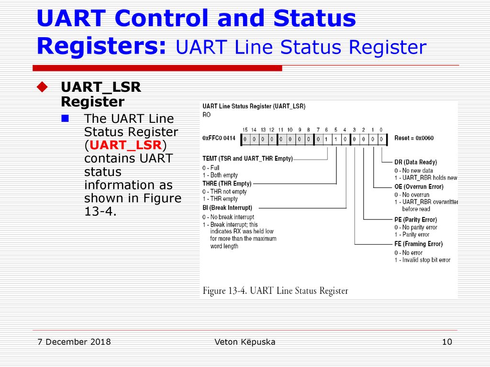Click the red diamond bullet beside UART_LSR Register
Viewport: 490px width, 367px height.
pyautogui.click(x=42, y=87)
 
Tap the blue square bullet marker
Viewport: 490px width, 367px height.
pyautogui.click(x=65, y=119)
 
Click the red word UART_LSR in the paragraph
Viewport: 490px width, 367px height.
pyautogui.click(x=126, y=145)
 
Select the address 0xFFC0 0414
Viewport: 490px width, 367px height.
pyautogui.click(x=219, y=138)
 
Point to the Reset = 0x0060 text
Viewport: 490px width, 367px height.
pyautogui.click(x=414, y=138)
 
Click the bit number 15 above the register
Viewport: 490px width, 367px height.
pyautogui.click(x=245, y=130)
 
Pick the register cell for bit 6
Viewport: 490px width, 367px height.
pyautogui.click(x=326, y=140)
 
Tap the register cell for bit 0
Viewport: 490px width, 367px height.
pyautogui.click(x=381, y=140)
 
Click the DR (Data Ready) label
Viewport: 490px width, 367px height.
pyautogui.click(x=416, y=162)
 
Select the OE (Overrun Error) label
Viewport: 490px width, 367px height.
pyautogui.click(x=419, y=187)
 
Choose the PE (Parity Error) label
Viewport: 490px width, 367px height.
pyautogui.click(x=416, y=219)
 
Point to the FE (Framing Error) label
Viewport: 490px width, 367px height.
pyautogui.click(x=418, y=244)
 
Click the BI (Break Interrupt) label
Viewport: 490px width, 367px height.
pyautogui.click(x=227, y=208)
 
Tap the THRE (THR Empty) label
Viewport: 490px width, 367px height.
pyautogui.click(x=227, y=183)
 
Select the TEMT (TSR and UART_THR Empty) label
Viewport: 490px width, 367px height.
pyautogui.click(x=247, y=159)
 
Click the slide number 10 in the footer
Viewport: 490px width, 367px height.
pyautogui.click(x=447, y=342)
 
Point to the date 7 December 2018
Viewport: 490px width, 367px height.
pyautogui.click(x=74, y=342)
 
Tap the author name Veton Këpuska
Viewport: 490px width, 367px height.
pyautogui.click(x=245, y=342)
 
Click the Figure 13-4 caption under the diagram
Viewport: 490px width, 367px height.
pyautogui.click(x=275, y=291)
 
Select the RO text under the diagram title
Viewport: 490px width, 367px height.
pyautogui.click(x=207, y=115)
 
